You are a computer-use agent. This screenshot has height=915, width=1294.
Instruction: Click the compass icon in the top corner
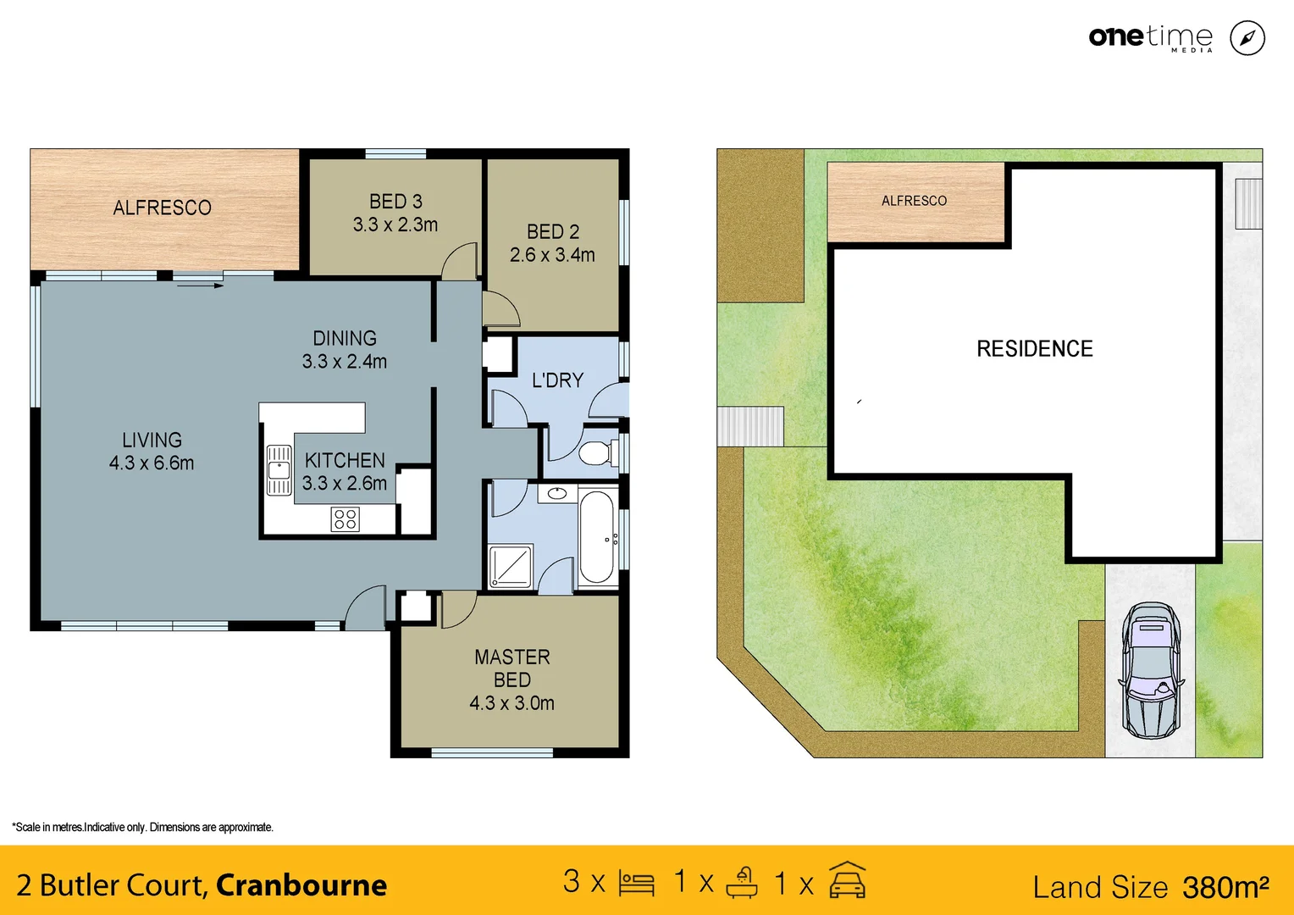coord(1247,38)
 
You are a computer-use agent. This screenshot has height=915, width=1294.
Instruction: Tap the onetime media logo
coord(1150,37)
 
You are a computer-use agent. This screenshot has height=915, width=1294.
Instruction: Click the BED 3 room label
coord(395,202)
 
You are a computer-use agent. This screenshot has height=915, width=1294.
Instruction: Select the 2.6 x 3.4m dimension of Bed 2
coord(552,255)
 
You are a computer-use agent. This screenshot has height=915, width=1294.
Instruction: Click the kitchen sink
coord(279,470)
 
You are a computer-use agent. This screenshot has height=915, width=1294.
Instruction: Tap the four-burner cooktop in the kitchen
coord(345,518)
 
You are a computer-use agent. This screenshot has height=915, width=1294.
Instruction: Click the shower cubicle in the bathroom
coord(511,566)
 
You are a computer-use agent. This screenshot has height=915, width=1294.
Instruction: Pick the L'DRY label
coord(557,380)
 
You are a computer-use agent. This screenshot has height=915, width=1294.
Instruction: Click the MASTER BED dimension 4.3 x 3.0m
coord(512,703)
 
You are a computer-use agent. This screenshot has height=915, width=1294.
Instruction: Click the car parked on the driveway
coord(1151,670)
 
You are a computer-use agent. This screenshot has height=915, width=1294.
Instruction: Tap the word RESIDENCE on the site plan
coord(1034,349)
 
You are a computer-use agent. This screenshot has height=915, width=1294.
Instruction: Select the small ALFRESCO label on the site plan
coord(914,201)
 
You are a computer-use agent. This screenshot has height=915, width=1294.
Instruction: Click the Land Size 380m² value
coord(1225,887)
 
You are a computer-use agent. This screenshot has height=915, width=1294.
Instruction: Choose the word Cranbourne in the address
coord(301,884)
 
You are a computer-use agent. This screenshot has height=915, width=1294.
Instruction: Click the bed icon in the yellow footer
coord(636,884)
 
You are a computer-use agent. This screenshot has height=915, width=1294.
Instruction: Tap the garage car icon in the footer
coord(847,881)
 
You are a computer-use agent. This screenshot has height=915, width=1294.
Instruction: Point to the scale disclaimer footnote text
coord(142,827)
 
